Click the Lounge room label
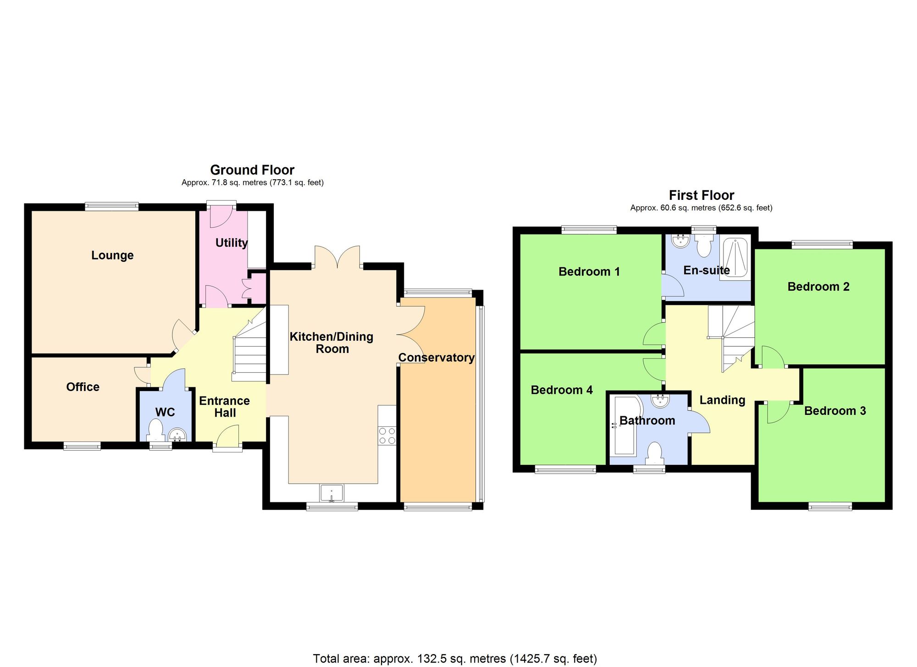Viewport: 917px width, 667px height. (x=112, y=255)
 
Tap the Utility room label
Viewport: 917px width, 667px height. (x=232, y=243)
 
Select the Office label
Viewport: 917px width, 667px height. (x=83, y=387)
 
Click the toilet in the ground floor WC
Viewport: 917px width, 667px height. (x=156, y=431)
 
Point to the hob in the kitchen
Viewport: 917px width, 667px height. (x=387, y=435)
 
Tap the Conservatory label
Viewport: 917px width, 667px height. (x=436, y=358)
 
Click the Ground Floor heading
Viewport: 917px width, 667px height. (x=252, y=170)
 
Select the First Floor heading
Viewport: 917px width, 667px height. (x=701, y=195)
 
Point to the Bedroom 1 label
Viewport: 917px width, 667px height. (x=589, y=272)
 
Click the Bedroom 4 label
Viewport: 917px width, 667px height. (x=562, y=390)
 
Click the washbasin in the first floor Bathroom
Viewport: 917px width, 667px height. (x=660, y=400)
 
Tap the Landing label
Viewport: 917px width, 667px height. (x=722, y=400)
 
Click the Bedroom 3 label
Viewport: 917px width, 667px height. (x=835, y=411)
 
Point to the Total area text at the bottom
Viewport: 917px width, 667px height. (x=455, y=659)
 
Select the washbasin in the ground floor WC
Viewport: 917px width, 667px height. (x=177, y=435)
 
